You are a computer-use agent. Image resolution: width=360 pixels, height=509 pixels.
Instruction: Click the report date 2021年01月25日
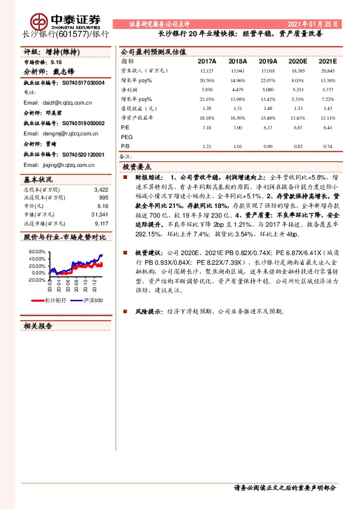(x=313, y=24)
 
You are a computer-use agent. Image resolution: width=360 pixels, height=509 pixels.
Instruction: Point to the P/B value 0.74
(x=327, y=147)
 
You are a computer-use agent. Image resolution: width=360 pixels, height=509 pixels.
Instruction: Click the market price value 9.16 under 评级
(x=56, y=62)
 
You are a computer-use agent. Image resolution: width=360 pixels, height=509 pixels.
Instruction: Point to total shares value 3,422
(x=101, y=190)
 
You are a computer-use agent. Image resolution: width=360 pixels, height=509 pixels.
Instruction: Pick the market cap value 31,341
(x=99, y=215)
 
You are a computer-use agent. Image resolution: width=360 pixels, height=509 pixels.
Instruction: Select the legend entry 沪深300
(x=91, y=300)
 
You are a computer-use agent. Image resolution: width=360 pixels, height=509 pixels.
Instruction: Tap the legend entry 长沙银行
(x=55, y=300)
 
